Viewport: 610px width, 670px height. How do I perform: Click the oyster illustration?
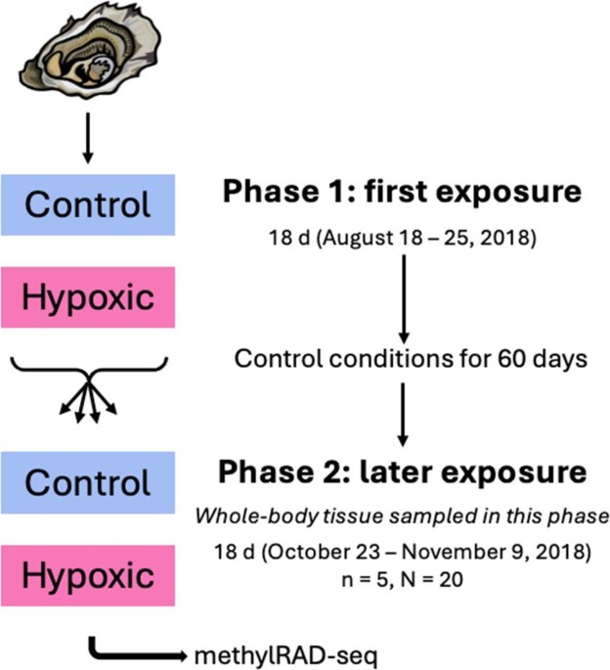[x=90, y=51]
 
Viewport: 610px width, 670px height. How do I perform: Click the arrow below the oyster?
[x=88, y=138]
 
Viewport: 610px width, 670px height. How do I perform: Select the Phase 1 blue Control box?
[x=88, y=204]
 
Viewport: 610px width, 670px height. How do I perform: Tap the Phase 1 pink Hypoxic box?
[x=88, y=297]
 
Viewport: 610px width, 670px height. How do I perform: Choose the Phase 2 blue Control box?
[x=88, y=482]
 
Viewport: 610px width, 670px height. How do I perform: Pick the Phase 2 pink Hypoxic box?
[x=88, y=575]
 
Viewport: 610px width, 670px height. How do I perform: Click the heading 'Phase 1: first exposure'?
[x=402, y=192]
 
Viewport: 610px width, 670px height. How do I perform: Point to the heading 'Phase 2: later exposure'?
[x=403, y=472]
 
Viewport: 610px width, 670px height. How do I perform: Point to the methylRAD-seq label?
[x=285, y=655]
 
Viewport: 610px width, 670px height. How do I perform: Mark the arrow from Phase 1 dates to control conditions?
[x=404, y=299]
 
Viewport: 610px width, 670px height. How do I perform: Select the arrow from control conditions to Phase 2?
[x=403, y=415]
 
